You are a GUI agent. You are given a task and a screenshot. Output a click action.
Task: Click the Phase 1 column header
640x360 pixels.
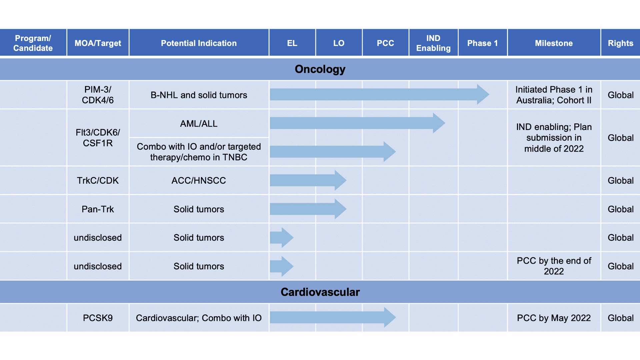pyautogui.click(x=482, y=43)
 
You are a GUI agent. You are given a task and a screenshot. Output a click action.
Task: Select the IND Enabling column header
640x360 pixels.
pyautogui.click(x=433, y=43)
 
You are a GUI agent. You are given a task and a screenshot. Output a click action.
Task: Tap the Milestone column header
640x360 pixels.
pyautogui.click(x=554, y=43)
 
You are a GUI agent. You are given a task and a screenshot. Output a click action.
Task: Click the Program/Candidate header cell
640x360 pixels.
pyautogui.click(x=33, y=43)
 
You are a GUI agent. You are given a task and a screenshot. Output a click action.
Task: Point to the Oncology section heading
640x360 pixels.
pyautogui.click(x=320, y=69)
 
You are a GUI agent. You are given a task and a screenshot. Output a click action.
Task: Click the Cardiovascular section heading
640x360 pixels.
pyautogui.click(x=320, y=292)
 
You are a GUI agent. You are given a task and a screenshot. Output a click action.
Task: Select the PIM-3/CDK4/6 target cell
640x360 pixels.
pyautogui.click(x=98, y=95)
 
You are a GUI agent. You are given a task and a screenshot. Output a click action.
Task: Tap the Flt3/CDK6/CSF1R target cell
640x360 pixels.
pyautogui.click(x=98, y=138)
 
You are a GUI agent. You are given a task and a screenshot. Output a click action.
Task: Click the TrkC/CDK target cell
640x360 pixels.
pyautogui.click(x=98, y=180)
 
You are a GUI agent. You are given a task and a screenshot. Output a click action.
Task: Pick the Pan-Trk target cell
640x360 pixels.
pyautogui.click(x=98, y=209)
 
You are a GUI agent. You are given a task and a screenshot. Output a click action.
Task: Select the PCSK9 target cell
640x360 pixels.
pyautogui.click(x=98, y=318)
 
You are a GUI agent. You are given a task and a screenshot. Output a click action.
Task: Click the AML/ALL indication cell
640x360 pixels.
pyautogui.click(x=199, y=123)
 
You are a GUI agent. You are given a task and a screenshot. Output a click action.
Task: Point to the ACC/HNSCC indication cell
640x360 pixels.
pyautogui.click(x=199, y=180)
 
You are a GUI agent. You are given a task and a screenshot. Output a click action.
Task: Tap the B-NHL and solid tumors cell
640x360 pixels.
pyautogui.click(x=199, y=95)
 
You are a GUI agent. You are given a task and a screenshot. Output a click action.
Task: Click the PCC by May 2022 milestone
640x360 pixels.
pyautogui.click(x=554, y=318)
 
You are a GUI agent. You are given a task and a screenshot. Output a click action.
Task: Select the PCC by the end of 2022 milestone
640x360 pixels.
pyautogui.click(x=554, y=266)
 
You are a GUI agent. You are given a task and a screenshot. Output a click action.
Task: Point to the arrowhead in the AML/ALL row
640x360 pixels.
pyautogui.click(x=439, y=123)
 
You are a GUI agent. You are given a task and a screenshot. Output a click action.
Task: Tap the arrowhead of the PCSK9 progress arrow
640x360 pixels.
pyautogui.click(x=389, y=317)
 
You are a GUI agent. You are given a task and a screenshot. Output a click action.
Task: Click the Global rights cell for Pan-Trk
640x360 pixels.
pyautogui.click(x=620, y=209)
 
